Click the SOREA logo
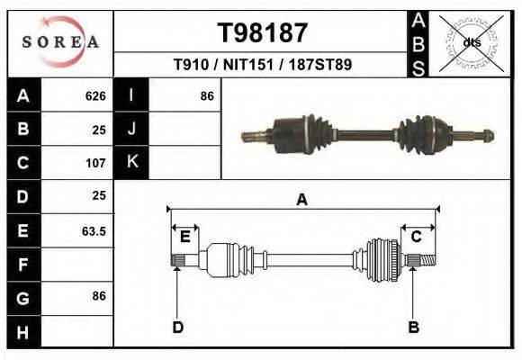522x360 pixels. coord(60,42)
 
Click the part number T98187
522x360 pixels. coord(263,33)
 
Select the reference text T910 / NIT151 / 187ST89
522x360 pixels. coord(262,65)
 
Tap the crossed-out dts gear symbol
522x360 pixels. coord(471,42)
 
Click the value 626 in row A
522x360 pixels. coord(95,95)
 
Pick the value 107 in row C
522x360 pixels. coord(95,164)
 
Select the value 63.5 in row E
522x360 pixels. coord(94,231)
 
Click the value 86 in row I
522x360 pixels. coord(206,95)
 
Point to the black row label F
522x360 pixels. coord(22,265)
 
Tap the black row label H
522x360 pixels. coord(22,333)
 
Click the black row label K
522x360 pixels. coord(131,163)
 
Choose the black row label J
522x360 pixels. coord(131,129)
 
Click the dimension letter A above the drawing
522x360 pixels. coord(302,200)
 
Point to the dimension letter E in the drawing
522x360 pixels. coord(184,237)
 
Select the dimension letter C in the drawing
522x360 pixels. coord(417,237)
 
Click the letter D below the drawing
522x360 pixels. coord(177,327)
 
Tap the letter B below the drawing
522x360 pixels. coord(414,327)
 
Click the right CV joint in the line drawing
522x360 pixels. coord(382,259)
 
